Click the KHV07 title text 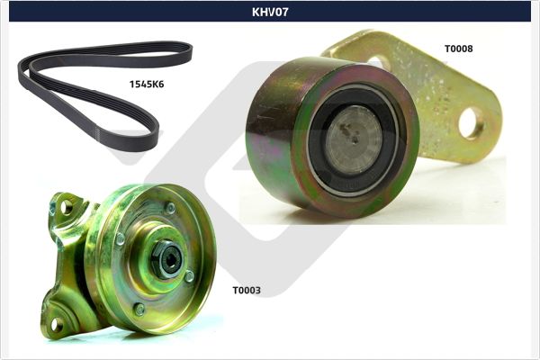(x=270, y=12)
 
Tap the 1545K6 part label (x=147, y=84)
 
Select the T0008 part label (x=458, y=49)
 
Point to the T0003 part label (x=247, y=290)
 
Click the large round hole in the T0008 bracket (x=471, y=123)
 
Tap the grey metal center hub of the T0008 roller (x=354, y=139)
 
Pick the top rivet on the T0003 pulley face (x=170, y=208)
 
